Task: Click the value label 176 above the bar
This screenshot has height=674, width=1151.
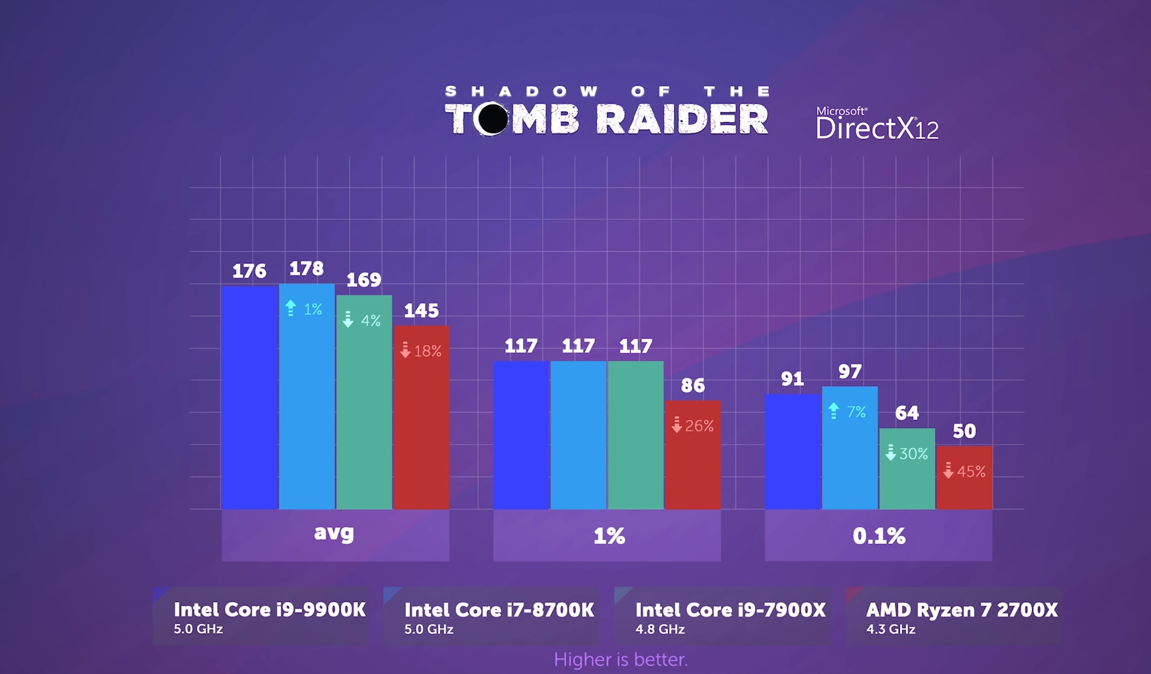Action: pos(249,271)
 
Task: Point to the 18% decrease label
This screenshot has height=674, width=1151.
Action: pos(421,351)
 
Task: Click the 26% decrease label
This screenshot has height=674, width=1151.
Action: pos(692,426)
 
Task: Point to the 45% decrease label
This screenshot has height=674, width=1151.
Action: pos(964,471)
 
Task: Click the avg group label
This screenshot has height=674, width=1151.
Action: pos(334,533)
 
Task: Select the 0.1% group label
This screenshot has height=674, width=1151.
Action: pos(879,536)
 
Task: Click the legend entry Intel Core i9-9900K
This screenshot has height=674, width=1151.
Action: pos(269,616)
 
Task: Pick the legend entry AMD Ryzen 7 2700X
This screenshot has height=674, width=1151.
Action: pos(961,616)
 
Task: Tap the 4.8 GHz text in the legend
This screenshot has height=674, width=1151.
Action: pos(660,630)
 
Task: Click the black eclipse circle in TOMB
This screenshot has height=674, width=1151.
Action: pos(493,118)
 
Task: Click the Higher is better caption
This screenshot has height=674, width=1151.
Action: pos(621,659)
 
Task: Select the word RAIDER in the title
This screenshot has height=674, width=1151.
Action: pos(682,119)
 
